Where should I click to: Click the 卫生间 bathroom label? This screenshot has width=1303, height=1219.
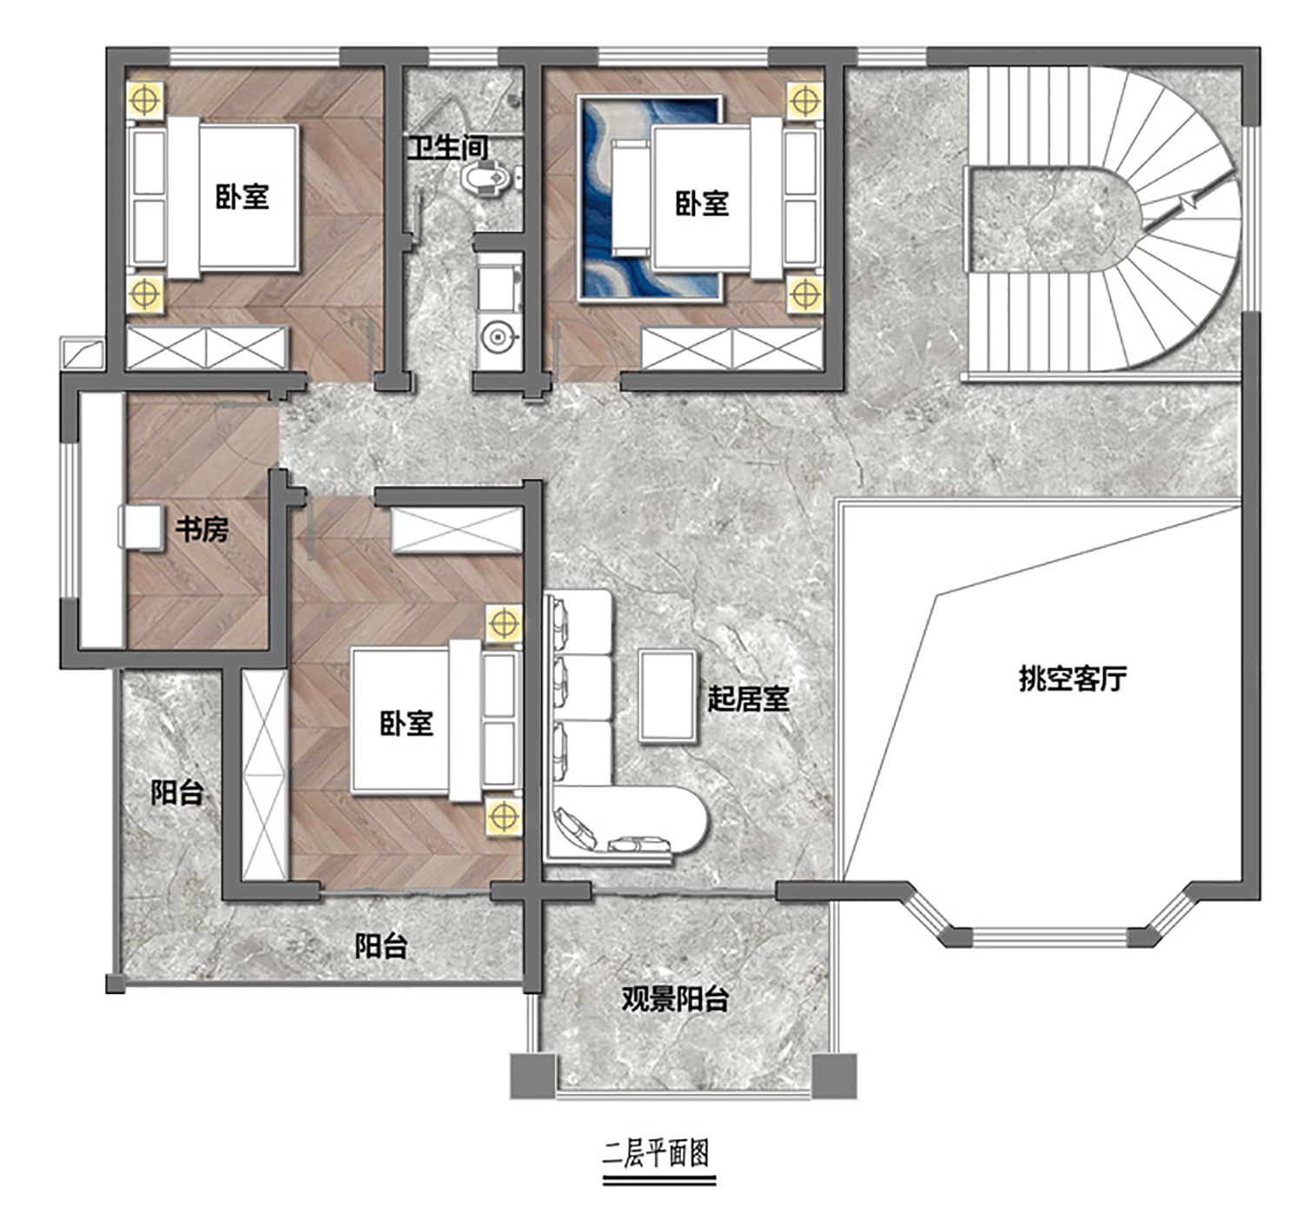point(448,148)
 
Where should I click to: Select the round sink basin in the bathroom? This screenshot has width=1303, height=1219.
point(498,337)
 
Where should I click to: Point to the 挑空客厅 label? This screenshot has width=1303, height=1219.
point(1073,678)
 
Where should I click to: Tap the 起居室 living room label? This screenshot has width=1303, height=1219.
point(748,699)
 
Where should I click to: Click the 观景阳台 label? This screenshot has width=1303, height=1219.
point(675,999)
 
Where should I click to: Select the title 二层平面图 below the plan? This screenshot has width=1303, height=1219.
point(657,1153)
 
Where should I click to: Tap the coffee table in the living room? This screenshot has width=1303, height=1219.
point(668,696)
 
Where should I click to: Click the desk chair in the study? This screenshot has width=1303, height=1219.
point(141,527)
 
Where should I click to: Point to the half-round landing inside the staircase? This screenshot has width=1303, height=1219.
point(1049,220)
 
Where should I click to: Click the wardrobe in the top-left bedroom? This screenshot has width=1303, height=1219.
point(208,348)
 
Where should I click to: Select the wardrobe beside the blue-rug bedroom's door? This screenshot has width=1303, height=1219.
point(732,348)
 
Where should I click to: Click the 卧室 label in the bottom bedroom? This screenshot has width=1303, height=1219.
point(407,723)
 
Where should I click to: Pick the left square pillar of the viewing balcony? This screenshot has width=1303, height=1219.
point(532,1076)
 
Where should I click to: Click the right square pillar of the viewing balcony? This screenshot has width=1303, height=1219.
point(834,1076)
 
